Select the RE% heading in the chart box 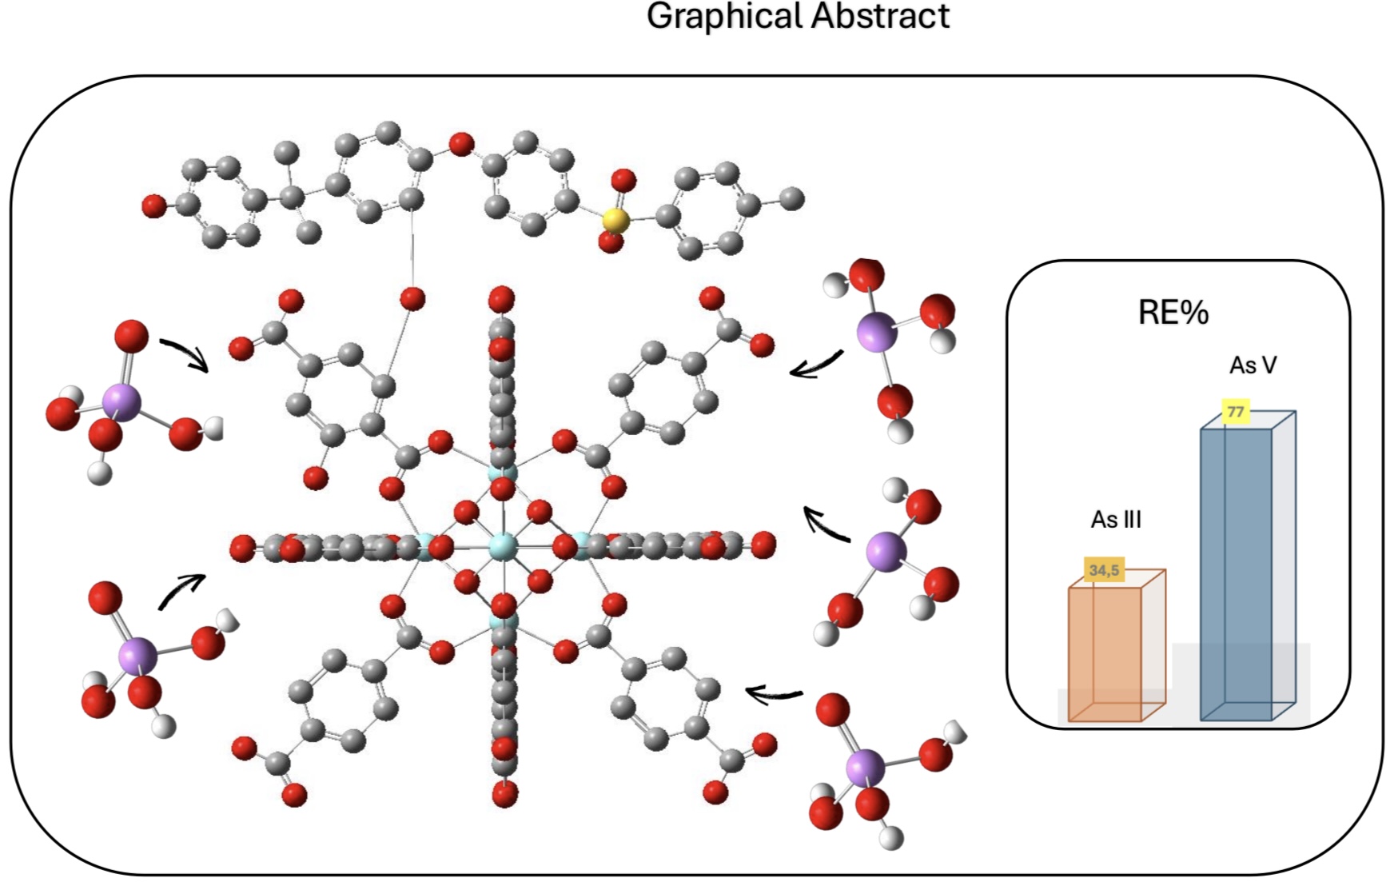1173,312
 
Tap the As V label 1253,365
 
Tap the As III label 1116,520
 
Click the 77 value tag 1236,412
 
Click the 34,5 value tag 1105,569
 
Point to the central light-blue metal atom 503,547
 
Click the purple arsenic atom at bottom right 866,768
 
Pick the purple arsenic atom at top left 121,401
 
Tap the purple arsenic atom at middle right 886,551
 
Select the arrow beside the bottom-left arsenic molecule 181,592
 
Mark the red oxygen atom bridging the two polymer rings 461,145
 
